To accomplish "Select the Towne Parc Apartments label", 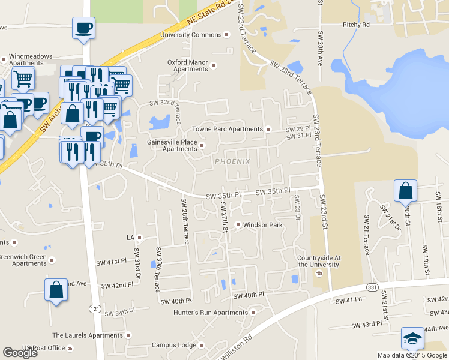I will click(228, 129).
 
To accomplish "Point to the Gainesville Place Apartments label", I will click(172, 145).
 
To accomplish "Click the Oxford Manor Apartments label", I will click(187, 65).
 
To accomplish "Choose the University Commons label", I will click(191, 35).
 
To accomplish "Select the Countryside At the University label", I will click(319, 261).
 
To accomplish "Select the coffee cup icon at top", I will click(83, 28).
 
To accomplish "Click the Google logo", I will click(20, 353).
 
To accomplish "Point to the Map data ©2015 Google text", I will click(412, 355).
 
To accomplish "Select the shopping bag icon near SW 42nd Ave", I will click(56, 290).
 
